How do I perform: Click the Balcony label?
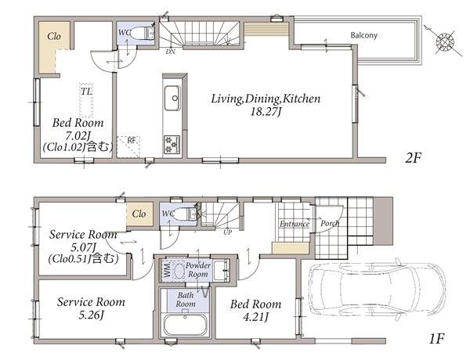point(364,35)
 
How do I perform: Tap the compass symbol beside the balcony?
point(444,41)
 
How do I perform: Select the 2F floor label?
point(413,158)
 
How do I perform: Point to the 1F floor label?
point(436,339)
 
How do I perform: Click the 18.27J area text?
point(266,112)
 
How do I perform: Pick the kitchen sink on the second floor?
point(172,98)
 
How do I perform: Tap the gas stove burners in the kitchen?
point(172,145)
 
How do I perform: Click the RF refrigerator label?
point(132,140)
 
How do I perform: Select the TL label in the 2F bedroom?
point(86,92)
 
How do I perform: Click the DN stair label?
point(170,52)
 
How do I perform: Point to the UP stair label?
point(227,232)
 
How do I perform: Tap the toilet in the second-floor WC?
point(143,33)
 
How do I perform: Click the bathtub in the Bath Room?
point(185,325)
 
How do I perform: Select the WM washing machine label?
point(168,268)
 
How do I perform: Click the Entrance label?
point(295,224)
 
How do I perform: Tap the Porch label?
point(330,223)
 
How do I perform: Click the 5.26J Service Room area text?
point(91,315)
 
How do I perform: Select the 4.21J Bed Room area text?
point(255,317)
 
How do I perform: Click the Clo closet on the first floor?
point(139,214)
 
